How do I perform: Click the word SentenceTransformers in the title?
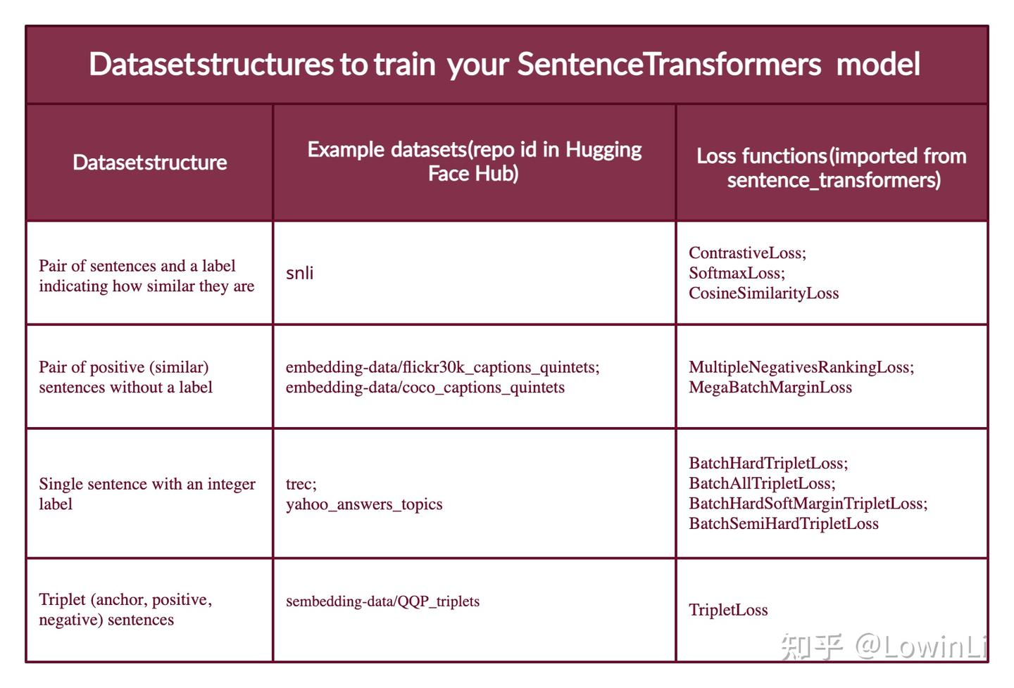[x=669, y=65]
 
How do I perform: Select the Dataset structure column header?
[x=149, y=163]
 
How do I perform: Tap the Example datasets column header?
[x=474, y=161]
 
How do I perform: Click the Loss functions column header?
[x=832, y=167]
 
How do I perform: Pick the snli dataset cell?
[x=300, y=273]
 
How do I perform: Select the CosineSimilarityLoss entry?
[x=763, y=293]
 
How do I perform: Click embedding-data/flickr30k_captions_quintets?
[x=442, y=367]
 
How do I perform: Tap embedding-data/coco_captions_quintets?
[x=425, y=388]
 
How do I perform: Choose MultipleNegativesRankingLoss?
[x=800, y=367]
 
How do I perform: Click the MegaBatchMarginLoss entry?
[x=770, y=388]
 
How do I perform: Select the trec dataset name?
[x=300, y=484]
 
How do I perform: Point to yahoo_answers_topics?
[x=364, y=504]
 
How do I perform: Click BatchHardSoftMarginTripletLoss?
[x=807, y=504]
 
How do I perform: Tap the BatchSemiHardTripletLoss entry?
[x=783, y=524]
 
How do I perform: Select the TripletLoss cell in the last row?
[x=728, y=610]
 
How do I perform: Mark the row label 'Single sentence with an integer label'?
[x=146, y=494]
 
